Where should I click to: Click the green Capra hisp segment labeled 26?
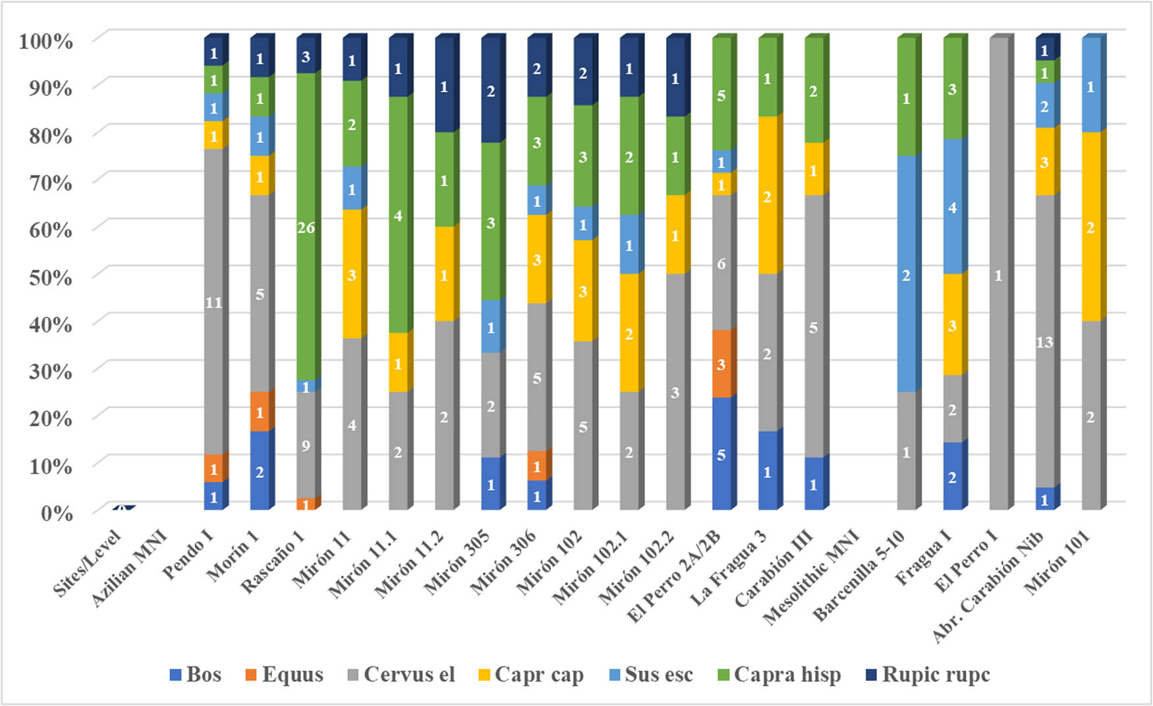306,227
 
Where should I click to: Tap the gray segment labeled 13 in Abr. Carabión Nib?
1044,341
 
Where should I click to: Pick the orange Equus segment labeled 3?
721,364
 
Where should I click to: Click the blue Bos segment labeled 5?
721,454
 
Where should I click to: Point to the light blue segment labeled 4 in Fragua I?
952,207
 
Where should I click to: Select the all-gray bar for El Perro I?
998,275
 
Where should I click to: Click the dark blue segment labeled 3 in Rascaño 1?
306,57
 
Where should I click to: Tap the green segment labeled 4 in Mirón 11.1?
398,216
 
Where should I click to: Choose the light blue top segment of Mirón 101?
1090,86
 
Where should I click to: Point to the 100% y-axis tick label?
45,41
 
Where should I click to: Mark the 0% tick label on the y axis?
56,513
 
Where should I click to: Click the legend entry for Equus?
284,675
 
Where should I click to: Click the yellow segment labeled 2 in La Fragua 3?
768,196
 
